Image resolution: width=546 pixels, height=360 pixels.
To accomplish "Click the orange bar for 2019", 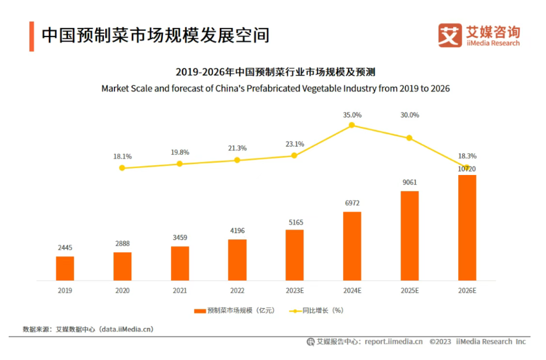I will [x=65, y=268].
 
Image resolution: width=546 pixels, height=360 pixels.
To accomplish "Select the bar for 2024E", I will [x=352, y=246].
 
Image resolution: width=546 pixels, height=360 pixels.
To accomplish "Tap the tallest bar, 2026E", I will [x=467, y=228].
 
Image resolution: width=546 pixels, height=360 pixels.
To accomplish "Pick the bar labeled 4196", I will [x=237, y=260].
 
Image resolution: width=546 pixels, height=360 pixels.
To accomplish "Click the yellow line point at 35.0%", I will [x=352, y=125].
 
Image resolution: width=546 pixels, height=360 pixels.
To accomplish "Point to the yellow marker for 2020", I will [x=122, y=168].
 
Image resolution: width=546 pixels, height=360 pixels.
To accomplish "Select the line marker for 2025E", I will [x=409, y=138].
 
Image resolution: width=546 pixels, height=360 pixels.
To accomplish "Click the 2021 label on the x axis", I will [x=180, y=289].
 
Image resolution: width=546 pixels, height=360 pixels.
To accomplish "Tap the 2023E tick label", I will [x=295, y=289].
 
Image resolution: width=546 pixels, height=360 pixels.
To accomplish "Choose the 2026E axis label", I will [x=467, y=289].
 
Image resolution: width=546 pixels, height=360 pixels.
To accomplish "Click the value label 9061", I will [x=409, y=183].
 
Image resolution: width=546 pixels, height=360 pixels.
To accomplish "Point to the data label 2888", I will [x=122, y=244].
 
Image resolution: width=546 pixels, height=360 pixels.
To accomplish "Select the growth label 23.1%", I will [x=295, y=144].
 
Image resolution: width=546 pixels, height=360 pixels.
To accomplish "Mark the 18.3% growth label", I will [x=467, y=156].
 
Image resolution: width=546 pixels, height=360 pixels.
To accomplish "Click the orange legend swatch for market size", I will [x=199, y=311].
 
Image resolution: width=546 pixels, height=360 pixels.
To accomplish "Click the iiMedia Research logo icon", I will [x=450, y=35].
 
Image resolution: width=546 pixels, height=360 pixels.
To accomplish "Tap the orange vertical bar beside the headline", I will [x=31, y=36].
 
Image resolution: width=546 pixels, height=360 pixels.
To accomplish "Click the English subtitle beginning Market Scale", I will [x=275, y=88].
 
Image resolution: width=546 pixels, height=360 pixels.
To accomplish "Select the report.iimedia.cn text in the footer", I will [x=394, y=341].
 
